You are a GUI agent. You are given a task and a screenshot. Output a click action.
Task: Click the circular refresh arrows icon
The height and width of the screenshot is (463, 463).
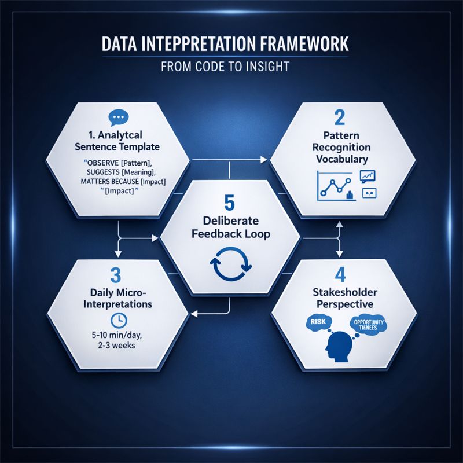(x=230, y=264)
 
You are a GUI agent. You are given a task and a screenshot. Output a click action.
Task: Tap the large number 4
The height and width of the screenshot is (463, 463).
(x=340, y=273)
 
